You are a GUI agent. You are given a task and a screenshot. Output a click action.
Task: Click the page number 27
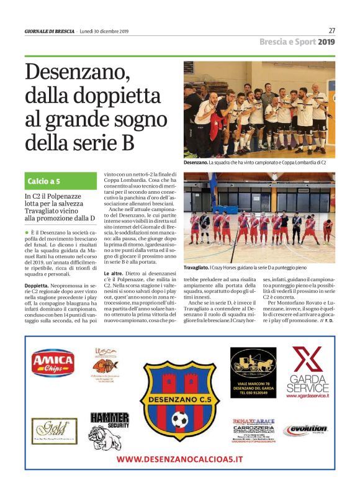[331, 30]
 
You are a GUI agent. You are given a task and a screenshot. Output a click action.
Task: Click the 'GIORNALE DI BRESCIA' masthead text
[49, 31]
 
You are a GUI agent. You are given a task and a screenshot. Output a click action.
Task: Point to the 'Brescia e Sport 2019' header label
[297, 42]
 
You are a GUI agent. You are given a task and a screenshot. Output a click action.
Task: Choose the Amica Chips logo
[53, 363]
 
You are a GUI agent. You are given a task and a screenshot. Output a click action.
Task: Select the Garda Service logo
[308, 372]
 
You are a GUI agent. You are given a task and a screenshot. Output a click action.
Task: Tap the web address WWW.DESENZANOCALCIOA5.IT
[180, 459]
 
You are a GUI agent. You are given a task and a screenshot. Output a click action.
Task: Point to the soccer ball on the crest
[180, 421]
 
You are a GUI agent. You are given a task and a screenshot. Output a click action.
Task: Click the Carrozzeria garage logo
[253, 429]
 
